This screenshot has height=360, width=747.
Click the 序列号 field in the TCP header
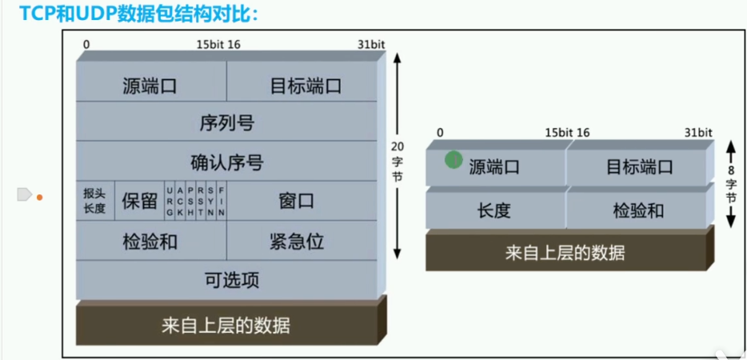coord(226,122)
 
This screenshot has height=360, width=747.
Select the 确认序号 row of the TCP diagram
coord(226,162)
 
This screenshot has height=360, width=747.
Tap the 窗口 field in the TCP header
coord(296,200)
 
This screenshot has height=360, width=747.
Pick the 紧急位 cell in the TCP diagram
coord(296,240)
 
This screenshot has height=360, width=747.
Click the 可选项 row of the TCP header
coord(226,279)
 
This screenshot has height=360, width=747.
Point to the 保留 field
coord(139,200)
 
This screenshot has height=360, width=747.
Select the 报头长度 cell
coord(94,201)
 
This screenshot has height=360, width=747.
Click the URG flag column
coord(170,200)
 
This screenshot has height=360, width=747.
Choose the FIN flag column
coord(222,200)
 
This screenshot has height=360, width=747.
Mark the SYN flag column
coord(211,200)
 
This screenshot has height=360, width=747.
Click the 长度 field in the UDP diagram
coord(493,210)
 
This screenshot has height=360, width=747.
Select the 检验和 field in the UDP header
coord(638,210)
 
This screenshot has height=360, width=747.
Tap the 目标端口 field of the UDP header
coord(638,166)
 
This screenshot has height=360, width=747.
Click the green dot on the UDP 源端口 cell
coord(453,160)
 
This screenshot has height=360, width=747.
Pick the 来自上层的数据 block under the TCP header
coord(226,325)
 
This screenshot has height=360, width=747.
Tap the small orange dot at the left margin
coord(39,196)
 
